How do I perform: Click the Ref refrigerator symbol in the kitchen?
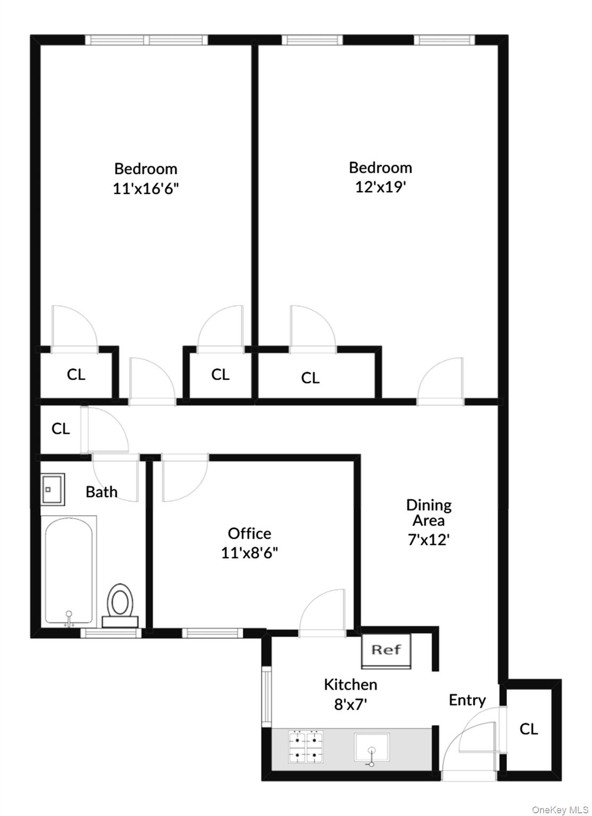point(386,650)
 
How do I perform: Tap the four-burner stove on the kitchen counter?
point(306,747)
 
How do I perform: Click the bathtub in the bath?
point(69,571)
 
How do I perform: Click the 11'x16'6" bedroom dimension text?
point(146,189)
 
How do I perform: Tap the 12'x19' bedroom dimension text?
point(380,187)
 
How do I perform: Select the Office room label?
point(249,533)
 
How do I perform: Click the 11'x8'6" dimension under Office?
point(249,553)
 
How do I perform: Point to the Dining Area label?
point(429,512)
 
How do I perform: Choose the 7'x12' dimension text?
point(429,540)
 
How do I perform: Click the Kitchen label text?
point(351,684)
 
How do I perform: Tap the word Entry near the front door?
point(467,700)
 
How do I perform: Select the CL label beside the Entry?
point(529,729)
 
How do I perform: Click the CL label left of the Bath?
point(61,428)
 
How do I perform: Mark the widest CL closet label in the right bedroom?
point(310,378)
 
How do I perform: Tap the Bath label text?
point(102,492)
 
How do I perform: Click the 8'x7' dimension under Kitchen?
point(351,704)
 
